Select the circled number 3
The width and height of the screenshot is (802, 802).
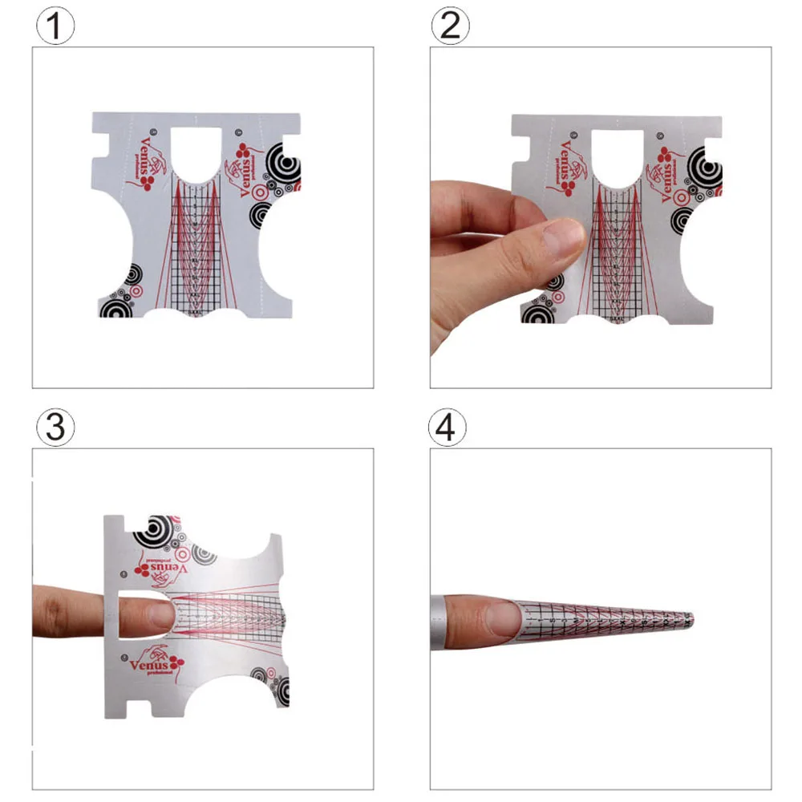pyautogui.click(x=55, y=427)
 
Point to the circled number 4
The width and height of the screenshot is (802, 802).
pyautogui.click(x=451, y=427)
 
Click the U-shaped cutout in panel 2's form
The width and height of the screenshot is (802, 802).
pyautogui.click(x=618, y=152)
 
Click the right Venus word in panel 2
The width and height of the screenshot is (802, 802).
pyautogui.click(x=665, y=172)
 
